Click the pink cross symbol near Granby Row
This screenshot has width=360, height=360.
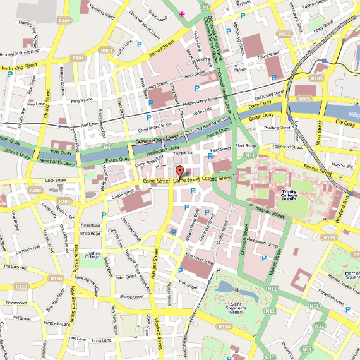point(182,13)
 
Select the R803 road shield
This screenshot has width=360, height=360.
point(107,51)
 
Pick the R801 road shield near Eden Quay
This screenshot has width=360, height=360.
point(306,99)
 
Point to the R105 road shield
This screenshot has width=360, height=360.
point(317,78)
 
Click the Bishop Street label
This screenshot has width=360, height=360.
point(133,296)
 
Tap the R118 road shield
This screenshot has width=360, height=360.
point(328,237)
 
